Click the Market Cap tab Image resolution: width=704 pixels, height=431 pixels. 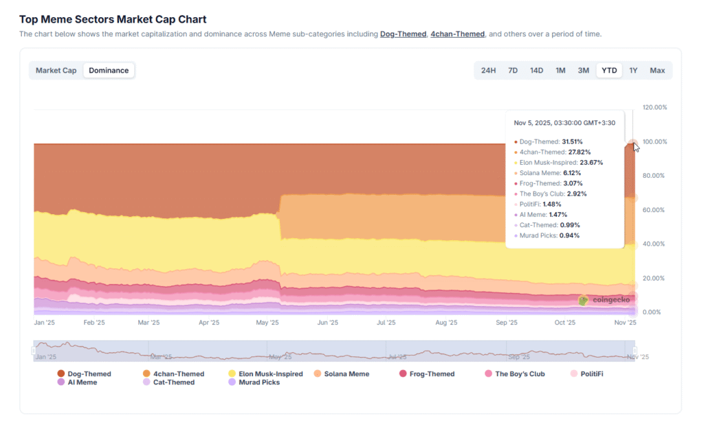(x=56, y=70)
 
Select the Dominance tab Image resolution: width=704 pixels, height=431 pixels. (x=109, y=70)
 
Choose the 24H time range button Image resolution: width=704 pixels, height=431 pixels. (x=488, y=70)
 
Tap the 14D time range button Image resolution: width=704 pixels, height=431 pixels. (x=536, y=70)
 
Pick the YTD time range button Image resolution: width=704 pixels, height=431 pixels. (x=609, y=70)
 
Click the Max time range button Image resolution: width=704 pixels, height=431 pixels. (x=657, y=70)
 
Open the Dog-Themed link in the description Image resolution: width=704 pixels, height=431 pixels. (x=403, y=34)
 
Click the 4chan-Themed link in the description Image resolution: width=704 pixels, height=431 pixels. (x=457, y=34)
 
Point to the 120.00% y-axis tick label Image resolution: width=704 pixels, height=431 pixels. (x=654, y=107)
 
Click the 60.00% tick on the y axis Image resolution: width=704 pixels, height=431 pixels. (x=654, y=209)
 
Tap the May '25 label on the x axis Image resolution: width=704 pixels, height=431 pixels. (x=267, y=322)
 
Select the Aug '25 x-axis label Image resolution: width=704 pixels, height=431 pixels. (x=446, y=322)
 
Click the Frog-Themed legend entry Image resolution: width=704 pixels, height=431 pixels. (x=427, y=374)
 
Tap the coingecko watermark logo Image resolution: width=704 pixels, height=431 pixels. (x=604, y=300)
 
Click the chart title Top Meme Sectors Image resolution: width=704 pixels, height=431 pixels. (x=113, y=19)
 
